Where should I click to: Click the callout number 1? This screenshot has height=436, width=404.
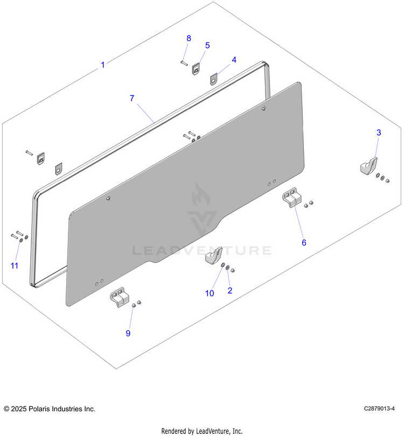(x=103, y=65)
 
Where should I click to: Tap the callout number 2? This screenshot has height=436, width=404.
(x=230, y=290)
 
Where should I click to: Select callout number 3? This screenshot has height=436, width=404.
(x=379, y=133)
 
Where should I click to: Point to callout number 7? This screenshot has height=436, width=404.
(x=132, y=98)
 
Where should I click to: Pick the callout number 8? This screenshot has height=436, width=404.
(x=189, y=38)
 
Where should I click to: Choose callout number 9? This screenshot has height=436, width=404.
(x=128, y=333)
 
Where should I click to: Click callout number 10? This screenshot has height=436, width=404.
(x=210, y=293)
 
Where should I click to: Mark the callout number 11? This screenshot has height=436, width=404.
(x=15, y=266)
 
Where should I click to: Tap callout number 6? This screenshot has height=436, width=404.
(x=304, y=243)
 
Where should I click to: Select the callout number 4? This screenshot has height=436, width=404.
(x=234, y=60)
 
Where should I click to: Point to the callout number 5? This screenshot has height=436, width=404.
(x=207, y=45)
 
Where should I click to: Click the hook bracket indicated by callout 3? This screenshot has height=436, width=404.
(x=369, y=167)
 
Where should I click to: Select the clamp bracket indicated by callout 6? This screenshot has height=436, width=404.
(x=292, y=197)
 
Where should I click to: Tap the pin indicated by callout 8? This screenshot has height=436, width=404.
(x=184, y=63)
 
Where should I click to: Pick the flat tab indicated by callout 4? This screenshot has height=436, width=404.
(x=213, y=79)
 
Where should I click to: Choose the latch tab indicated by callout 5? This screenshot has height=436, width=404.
(x=196, y=69)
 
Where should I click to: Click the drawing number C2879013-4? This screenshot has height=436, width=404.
(x=379, y=409)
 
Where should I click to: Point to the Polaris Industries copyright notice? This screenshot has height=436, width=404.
(x=50, y=409)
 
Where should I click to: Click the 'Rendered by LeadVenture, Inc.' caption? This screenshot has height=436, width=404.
(x=202, y=431)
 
